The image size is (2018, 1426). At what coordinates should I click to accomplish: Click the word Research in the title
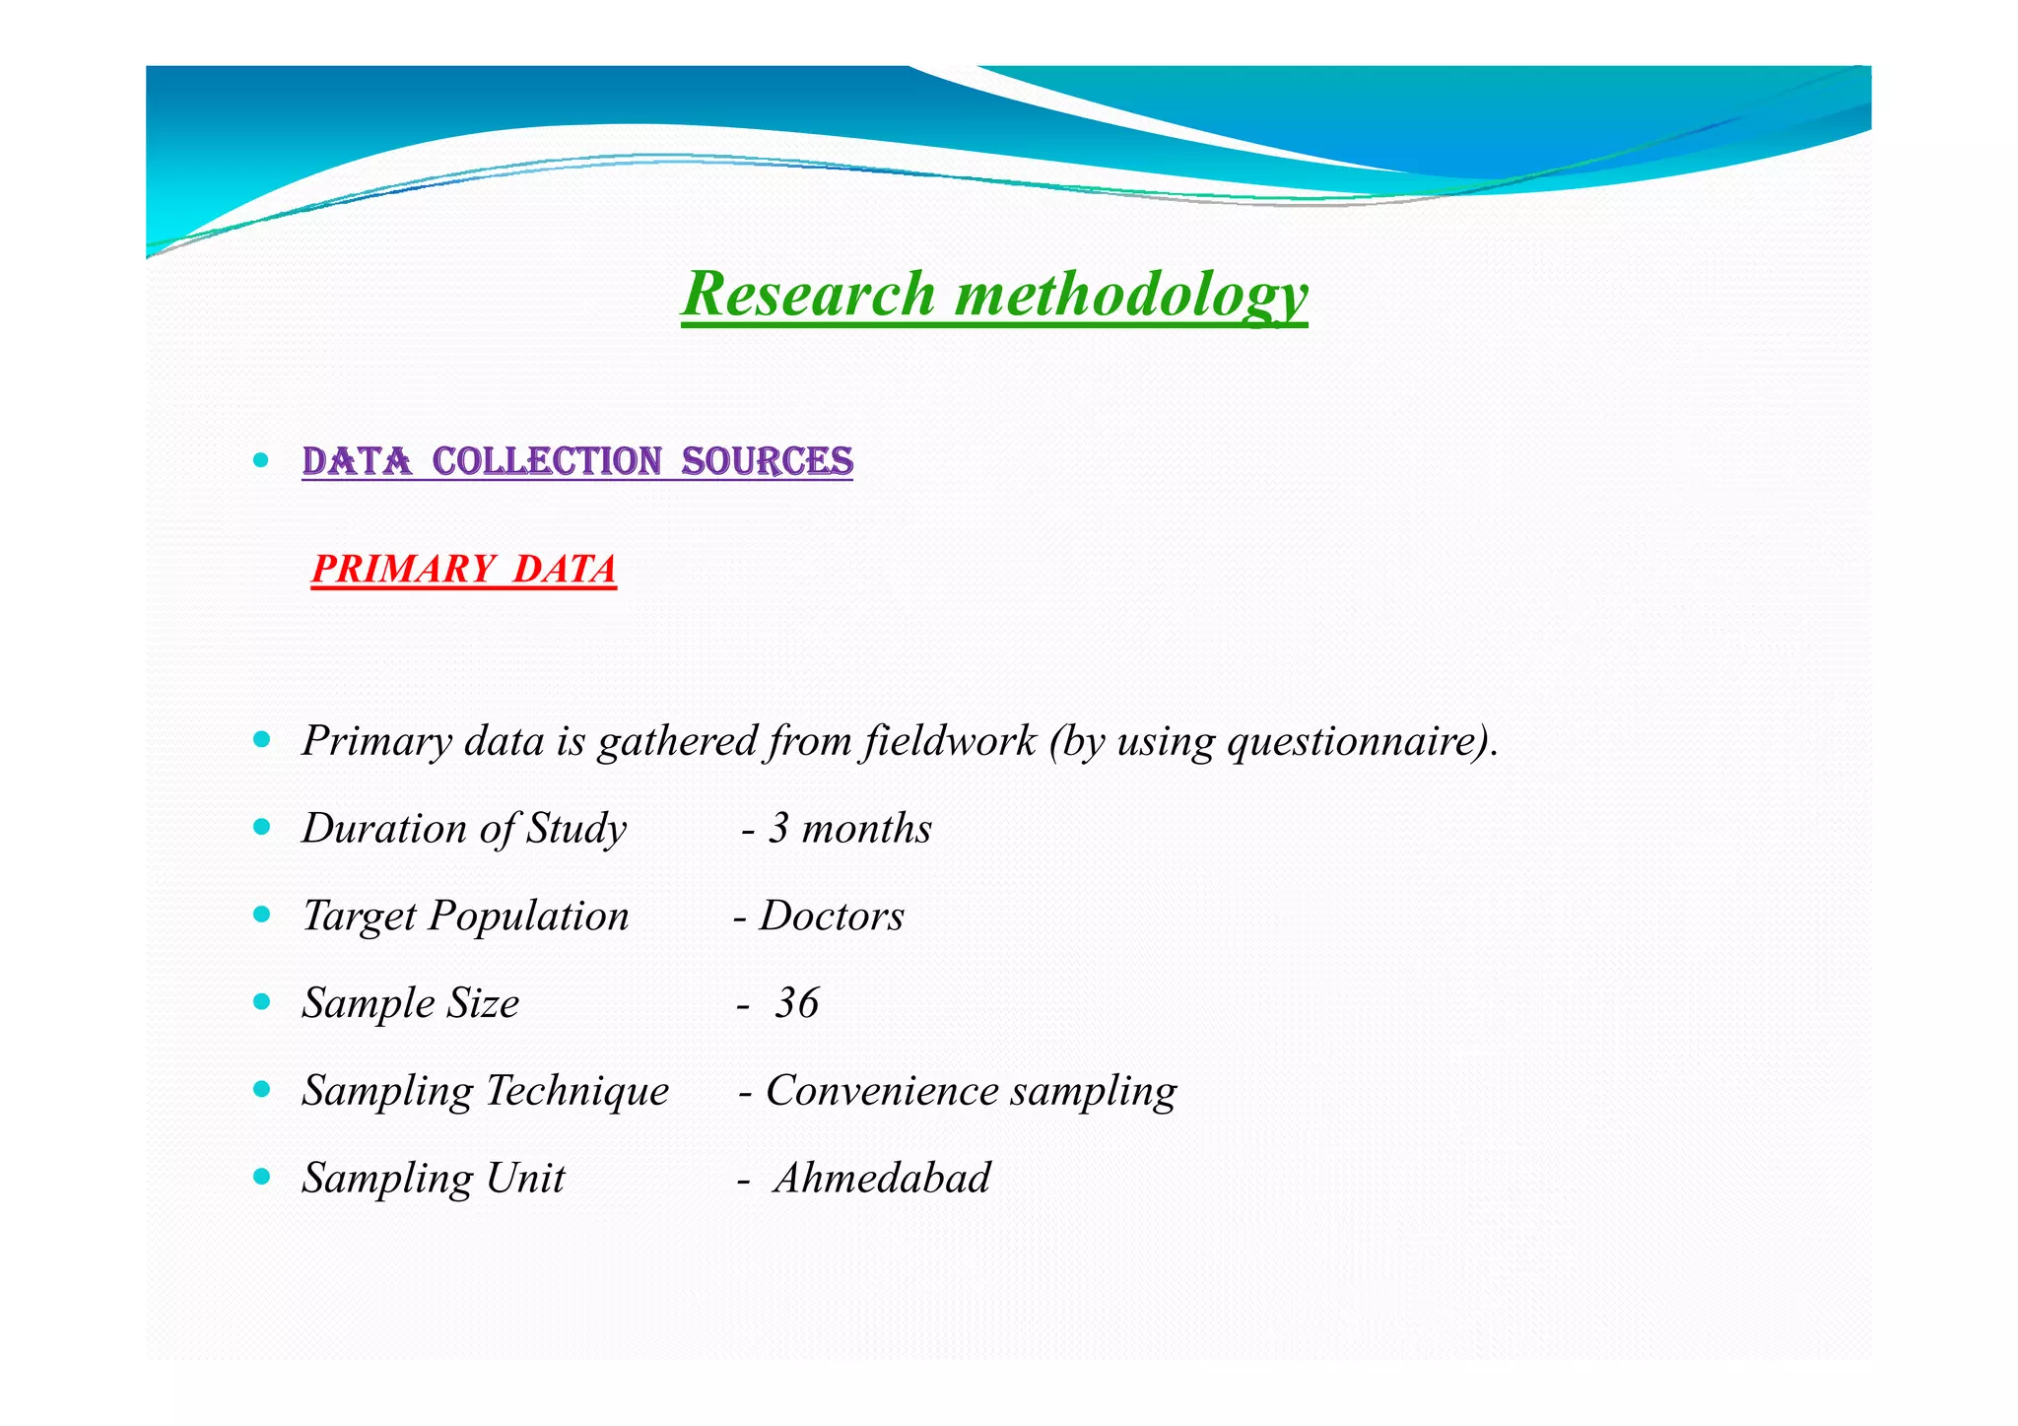(808, 294)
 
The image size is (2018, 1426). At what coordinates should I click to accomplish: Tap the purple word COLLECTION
(547, 461)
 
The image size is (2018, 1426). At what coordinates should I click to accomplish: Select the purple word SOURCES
(768, 461)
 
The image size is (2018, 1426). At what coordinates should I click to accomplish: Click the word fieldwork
(949, 741)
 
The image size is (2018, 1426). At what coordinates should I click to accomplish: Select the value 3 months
(849, 828)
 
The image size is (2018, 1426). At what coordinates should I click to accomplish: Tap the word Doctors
(831, 916)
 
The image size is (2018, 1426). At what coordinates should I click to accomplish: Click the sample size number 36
(797, 1003)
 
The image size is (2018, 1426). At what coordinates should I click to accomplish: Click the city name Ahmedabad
(882, 1178)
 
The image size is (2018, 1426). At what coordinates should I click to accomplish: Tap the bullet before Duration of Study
(261, 827)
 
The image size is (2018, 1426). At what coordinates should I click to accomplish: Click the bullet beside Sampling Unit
(261, 1176)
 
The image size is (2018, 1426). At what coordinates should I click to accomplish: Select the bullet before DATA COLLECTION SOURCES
(261, 459)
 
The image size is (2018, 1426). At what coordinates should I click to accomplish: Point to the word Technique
(577, 1091)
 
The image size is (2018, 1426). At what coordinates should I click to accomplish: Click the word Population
(528, 917)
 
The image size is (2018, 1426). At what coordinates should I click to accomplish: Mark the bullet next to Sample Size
(261, 1001)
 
